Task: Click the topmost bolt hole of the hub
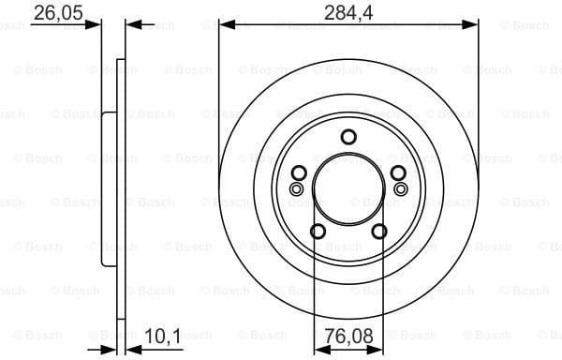pos(348,137)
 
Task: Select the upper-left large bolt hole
pos(299,172)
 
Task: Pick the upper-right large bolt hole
pos(398,172)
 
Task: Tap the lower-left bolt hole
pos(318,231)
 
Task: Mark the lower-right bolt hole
pos(379,231)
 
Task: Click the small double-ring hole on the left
pos(297,189)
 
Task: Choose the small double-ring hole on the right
pos(401,189)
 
